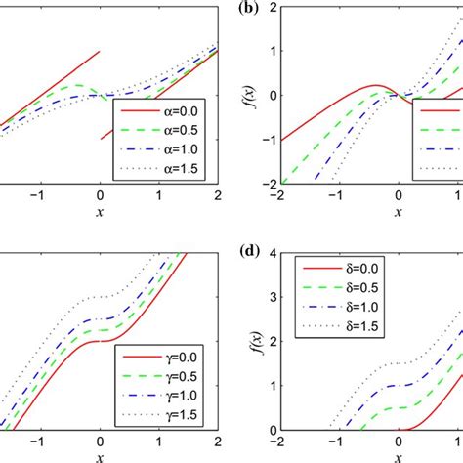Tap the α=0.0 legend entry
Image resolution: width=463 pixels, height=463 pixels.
tap(168, 114)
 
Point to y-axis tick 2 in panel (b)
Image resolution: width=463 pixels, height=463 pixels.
tap(273, 7)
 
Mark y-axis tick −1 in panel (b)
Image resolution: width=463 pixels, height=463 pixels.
tap(270, 140)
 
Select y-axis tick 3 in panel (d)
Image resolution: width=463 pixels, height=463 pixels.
tap(273, 296)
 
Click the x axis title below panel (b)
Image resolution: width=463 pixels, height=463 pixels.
tap(398, 211)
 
